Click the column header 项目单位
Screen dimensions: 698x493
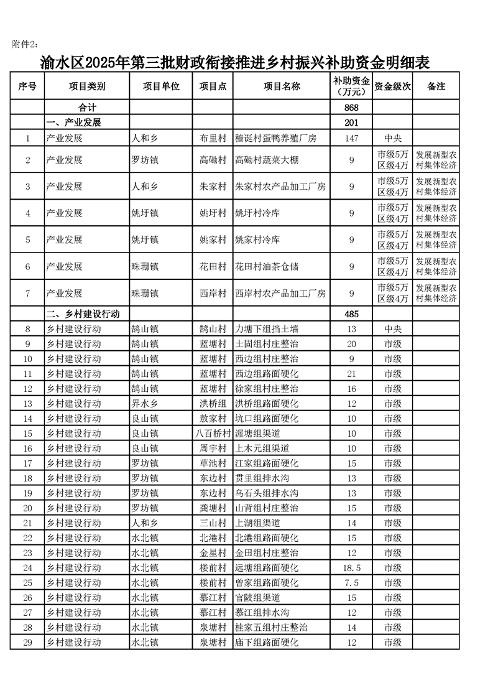pos(160,86)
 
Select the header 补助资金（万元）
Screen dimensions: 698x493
pos(352,86)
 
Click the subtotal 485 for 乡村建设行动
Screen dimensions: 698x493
pos(352,314)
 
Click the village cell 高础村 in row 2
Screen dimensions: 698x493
pos(213,160)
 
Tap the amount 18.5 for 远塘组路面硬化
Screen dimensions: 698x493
pos(352,567)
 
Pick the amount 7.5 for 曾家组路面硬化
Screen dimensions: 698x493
pos(352,582)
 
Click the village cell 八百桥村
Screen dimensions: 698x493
pos(213,433)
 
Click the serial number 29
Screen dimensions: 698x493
pos(28,642)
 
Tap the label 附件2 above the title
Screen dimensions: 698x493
pos(25,44)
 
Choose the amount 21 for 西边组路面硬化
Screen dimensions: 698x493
pos(352,373)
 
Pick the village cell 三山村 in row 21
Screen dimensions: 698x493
pos(213,523)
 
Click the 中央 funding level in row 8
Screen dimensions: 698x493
pos(392,328)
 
